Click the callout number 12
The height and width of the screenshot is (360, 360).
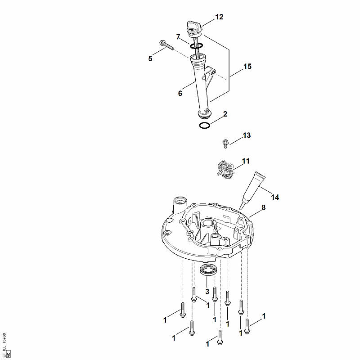tap(219, 17)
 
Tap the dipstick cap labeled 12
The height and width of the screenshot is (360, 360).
tap(194, 29)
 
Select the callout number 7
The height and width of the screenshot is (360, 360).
tap(178, 37)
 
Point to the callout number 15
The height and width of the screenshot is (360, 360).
tap(247, 66)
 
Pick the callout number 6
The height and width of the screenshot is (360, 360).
tap(180, 93)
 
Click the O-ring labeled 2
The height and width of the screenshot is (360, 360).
tap(204, 126)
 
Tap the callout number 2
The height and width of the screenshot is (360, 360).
tap(225, 114)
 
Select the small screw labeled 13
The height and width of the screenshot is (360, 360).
tap(225, 144)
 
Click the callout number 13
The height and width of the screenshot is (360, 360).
tap(247, 135)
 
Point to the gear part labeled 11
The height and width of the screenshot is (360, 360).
tap(225, 169)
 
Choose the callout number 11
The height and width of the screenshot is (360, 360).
tap(246, 161)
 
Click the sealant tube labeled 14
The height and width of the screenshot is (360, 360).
tap(252, 190)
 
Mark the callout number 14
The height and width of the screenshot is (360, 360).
tap(275, 197)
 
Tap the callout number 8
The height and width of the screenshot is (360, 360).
tap(264, 207)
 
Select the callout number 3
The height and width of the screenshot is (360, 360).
tap(207, 292)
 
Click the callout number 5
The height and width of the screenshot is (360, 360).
tap(150, 58)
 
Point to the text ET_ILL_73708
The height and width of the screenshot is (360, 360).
tap(4, 344)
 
